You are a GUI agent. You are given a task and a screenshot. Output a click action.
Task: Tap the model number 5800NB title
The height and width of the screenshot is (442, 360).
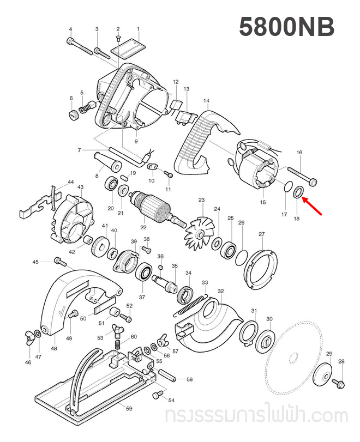point(286,27)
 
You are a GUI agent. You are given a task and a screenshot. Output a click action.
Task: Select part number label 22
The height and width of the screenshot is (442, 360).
point(143,227)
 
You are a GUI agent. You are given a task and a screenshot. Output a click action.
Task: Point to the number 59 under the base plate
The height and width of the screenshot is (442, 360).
point(129,408)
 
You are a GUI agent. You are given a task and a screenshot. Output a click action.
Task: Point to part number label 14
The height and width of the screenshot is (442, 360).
point(206,101)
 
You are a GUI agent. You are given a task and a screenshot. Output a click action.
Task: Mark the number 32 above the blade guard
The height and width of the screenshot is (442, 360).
point(220,292)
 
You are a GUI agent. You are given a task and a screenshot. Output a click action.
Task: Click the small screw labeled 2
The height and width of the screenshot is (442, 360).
point(118,39)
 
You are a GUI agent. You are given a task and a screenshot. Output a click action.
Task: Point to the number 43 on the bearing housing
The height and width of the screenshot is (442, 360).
point(80,187)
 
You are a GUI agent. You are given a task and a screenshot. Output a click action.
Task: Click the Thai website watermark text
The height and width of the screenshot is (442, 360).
point(256,417)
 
